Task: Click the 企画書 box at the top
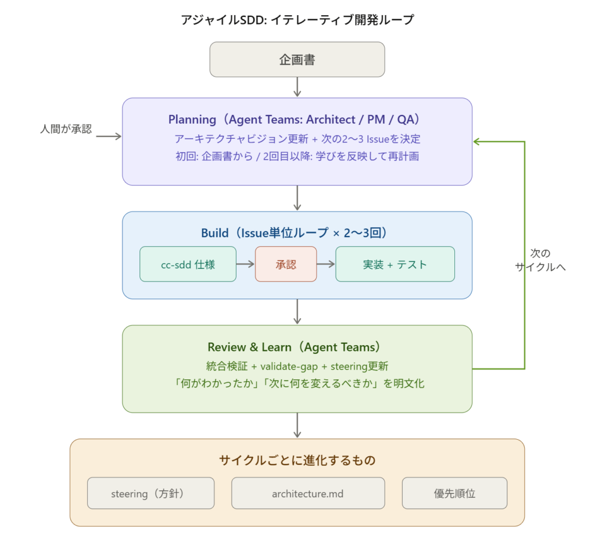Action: pos(297,59)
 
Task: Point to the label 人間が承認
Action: pos(66,130)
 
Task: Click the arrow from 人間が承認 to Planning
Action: pos(108,137)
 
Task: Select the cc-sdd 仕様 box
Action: pos(188,264)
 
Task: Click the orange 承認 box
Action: pos(286,264)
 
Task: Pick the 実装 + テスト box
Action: pos(395,264)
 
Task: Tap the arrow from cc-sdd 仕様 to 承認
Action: pos(246,264)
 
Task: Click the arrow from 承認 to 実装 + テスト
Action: pos(326,264)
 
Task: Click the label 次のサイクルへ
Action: pos(540,261)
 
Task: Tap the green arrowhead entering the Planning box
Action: pos(476,142)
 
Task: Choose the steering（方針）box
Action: pos(150,494)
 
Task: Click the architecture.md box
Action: pos(308,494)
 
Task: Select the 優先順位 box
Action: pos(454,494)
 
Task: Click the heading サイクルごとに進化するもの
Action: pos(297,461)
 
